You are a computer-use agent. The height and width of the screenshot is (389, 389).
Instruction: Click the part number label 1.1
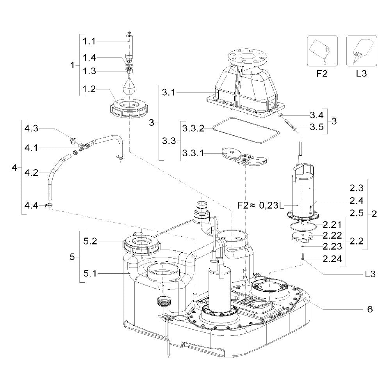pos(89,41)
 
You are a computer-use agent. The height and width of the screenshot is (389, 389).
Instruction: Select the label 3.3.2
pos(193,128)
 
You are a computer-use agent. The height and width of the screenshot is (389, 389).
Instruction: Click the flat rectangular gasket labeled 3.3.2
pos(246,130)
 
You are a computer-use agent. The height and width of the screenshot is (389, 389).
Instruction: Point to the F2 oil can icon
pos(322,51)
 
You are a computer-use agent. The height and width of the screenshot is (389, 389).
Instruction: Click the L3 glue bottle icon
pos(362,51)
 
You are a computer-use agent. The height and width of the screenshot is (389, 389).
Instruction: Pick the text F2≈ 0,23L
pos(261,205)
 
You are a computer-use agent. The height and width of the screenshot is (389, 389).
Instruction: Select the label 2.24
pos(332,259)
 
